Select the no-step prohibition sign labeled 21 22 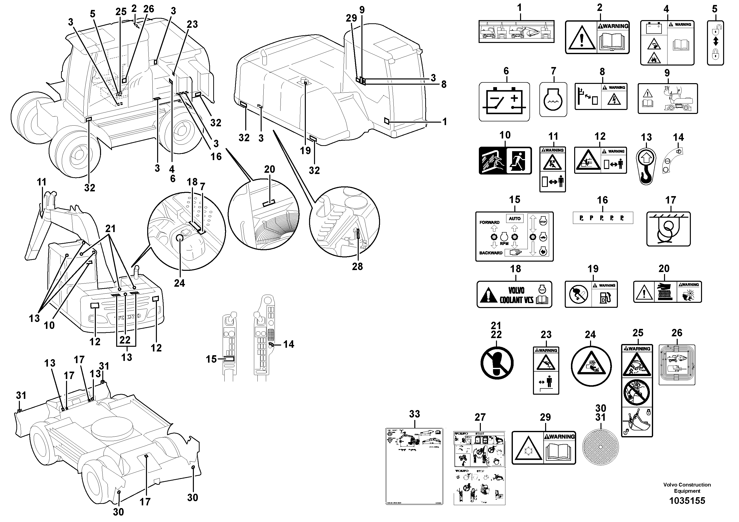click(497, 363)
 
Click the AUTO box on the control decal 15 click(514, 218)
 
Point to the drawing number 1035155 click(687, 501)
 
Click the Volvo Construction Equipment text click(687, 487)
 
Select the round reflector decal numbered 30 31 click(600, 447)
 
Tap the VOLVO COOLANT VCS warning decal click(514, 294)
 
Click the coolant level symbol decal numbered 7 click(553, 100)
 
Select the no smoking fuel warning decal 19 click(591, 294)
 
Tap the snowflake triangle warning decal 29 click(544, 448)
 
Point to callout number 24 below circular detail click(179, 283)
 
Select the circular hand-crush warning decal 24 click(591, 366)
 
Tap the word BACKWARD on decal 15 click(491, 253)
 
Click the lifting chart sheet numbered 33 click(414, 466)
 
